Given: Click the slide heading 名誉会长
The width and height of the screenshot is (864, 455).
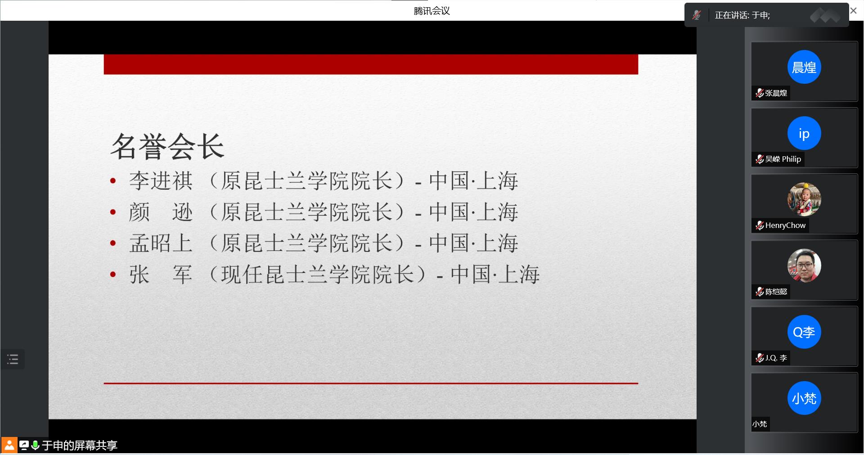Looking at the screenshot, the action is [167, 146].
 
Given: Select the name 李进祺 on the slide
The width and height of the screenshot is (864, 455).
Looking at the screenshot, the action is [161, 181].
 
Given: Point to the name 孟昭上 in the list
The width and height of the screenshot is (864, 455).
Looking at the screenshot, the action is [161, 243].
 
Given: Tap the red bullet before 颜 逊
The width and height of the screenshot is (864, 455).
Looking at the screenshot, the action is [113, 212].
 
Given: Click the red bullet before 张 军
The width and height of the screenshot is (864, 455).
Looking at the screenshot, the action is [113, 274].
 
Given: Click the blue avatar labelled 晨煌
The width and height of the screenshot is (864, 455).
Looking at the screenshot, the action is [804, 67].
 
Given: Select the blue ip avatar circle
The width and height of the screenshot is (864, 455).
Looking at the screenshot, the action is [804, 133].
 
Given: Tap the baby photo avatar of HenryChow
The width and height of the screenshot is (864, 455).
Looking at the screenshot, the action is [804, 200].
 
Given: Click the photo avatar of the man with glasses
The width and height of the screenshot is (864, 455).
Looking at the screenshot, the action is [804, 266].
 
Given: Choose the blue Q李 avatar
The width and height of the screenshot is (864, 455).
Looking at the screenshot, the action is [804, 332].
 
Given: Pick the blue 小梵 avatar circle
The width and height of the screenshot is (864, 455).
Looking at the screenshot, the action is [804, 398].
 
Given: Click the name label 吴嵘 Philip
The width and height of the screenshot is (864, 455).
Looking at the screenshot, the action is [783, 159].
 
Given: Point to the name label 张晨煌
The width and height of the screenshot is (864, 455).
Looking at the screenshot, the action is [776, 93].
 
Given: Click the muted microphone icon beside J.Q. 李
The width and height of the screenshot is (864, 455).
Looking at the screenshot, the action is [760, 358].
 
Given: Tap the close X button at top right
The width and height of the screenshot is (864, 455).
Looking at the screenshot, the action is [853, 10].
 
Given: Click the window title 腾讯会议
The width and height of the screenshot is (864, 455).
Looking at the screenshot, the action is [432, 11].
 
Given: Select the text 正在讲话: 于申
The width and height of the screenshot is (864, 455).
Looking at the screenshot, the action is [742, 15].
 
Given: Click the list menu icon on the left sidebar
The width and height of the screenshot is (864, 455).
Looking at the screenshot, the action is [13, 359].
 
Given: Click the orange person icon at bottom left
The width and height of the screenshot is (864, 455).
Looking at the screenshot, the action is [9, 445].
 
